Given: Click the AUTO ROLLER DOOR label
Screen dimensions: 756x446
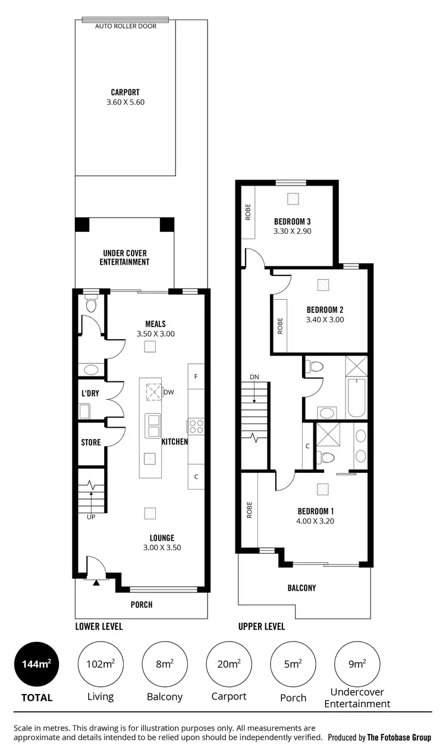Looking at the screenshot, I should coord(126,26).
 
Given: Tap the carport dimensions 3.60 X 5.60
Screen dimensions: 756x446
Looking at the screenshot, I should coord(125,102).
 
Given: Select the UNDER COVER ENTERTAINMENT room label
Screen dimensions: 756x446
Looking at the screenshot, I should coord(124,258).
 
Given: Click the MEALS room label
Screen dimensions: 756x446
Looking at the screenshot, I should coord(155,324).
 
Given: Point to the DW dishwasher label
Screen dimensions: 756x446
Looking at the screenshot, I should coord(169,392).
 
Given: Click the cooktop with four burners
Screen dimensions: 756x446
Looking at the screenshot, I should coord(196,426).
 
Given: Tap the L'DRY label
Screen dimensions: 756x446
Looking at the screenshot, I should coord(90,394).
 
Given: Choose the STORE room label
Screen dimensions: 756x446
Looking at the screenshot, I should coord(91,443).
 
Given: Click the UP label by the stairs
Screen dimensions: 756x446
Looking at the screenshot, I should coord(91,516).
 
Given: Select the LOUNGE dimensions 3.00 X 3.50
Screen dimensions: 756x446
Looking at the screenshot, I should coord(162,548).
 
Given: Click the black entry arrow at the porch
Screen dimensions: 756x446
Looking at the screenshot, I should coord(95,582).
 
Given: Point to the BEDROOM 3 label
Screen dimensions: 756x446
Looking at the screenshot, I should coord(293,221).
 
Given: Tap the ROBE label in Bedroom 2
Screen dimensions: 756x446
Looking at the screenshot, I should coord(279,325).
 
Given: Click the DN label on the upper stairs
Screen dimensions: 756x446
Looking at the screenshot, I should coord(255,377).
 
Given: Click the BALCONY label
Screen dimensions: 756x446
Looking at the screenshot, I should coord(301,588).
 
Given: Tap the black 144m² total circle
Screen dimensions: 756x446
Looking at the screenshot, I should coord(37,664).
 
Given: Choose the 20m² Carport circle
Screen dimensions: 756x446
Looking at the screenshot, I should coord(229,664).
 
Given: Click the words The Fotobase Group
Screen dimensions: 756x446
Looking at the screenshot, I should coord(399,738).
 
